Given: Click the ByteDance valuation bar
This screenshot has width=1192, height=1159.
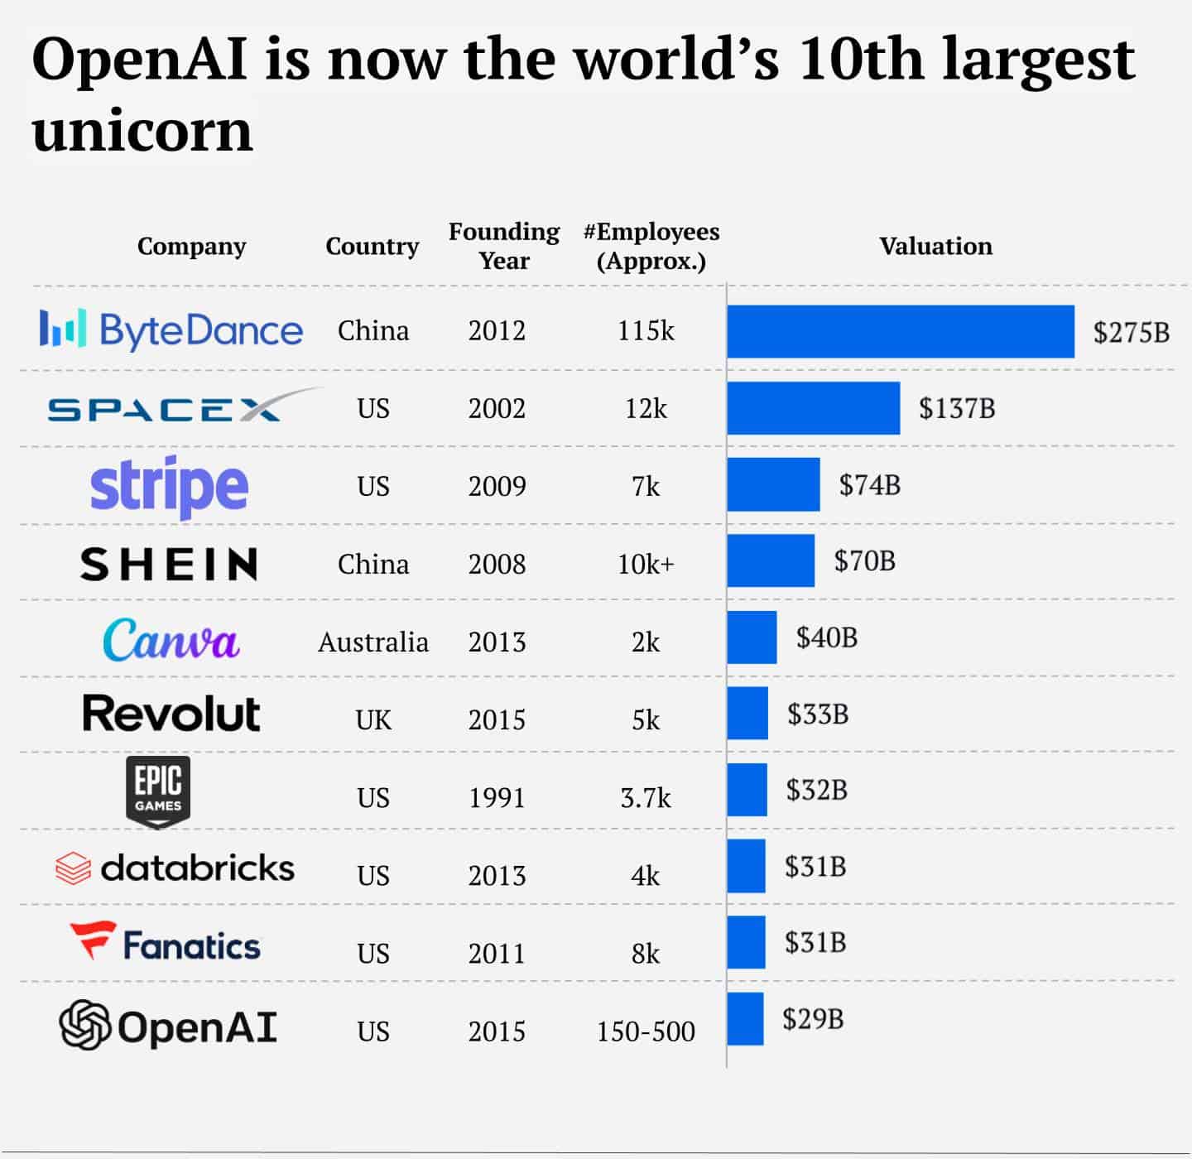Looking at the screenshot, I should (901, 331).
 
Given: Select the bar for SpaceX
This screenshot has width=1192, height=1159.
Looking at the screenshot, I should (814, 408).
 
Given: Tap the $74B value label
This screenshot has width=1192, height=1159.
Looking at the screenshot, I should (869, 485).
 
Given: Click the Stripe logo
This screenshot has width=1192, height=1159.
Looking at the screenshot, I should (169, 486).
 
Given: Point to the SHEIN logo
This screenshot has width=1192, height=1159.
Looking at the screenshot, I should (169, 564).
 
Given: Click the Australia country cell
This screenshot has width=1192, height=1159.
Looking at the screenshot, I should (373, 642).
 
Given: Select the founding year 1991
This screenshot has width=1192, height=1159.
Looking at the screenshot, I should (497, 797).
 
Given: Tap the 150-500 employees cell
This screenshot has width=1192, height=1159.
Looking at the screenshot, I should (646, 1031).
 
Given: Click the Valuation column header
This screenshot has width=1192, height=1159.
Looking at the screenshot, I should (935, 246).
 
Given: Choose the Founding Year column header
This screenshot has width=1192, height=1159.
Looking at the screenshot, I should (504, 246).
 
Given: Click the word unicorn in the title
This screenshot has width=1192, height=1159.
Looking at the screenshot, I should (142, 131).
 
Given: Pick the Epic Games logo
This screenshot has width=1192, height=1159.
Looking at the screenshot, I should (158, 791).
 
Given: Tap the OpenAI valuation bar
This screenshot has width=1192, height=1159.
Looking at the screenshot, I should (745, 1018).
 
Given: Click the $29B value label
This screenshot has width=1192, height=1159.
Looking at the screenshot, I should (813, 1018).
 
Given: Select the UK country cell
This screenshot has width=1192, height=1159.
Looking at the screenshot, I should (373, 719).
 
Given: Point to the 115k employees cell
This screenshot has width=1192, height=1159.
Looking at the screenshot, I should (646, 331).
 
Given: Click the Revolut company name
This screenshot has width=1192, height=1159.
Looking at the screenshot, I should (171, 714).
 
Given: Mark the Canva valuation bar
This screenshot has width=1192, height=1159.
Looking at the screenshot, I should (752, 637).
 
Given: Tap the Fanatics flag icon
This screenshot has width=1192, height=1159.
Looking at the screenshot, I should (92, 940).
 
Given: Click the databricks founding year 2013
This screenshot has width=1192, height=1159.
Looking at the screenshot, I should (497, 875).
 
